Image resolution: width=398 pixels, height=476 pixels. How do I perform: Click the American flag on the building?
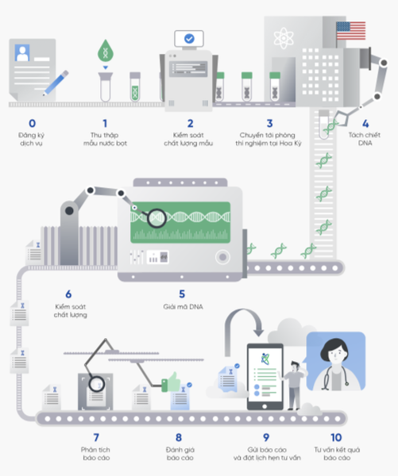point(351,31)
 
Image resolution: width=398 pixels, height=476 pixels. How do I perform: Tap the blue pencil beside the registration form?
point(56,83)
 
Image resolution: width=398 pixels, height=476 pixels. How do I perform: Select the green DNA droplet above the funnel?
point(105,51)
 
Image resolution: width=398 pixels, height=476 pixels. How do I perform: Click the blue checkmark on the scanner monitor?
point(189,39)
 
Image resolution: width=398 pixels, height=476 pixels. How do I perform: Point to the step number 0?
point(32,123)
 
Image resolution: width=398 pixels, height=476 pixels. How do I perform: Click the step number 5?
point(182,294)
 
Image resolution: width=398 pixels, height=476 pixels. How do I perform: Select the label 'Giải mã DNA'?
point(183,306)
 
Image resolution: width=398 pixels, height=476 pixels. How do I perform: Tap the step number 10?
point(336,437)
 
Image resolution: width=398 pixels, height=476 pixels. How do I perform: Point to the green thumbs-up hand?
point(171,382)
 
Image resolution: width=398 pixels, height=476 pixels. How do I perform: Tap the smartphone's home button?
point(265,406)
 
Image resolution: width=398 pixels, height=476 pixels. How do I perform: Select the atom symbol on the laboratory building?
point(284,38)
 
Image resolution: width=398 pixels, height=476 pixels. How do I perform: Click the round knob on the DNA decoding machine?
point(222,257)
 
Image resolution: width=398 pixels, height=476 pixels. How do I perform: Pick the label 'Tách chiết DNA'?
point(365,139)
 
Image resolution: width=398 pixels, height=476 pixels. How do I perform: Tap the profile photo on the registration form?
point(22,53)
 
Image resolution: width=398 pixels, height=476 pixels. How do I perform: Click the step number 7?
point(96,437)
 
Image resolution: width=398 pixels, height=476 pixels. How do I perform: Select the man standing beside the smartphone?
point(293,385)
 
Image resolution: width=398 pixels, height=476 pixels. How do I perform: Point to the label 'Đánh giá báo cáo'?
point(180,454)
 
